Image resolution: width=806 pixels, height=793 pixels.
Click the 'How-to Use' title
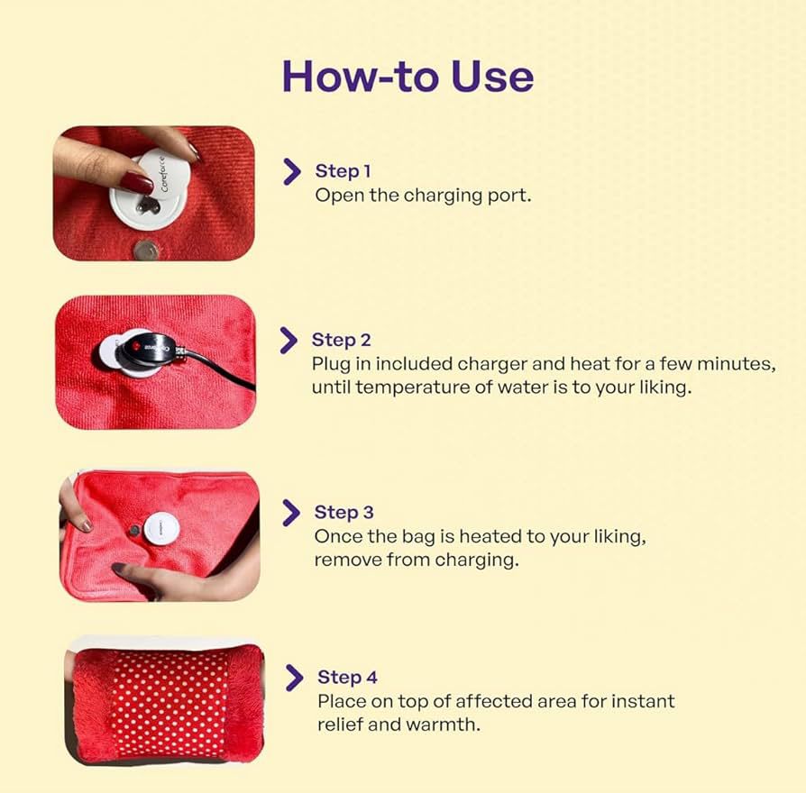tap(408, 77)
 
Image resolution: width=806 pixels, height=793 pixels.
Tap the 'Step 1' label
tap(343, 170)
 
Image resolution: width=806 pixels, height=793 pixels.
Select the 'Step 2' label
tap(341, 340)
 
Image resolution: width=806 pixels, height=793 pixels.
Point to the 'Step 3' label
tap(343, 512)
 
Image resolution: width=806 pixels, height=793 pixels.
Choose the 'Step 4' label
tap(347, 677)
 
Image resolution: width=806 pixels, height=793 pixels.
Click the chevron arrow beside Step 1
tap(292, 171)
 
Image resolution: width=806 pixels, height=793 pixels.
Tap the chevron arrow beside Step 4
tap(295, 678)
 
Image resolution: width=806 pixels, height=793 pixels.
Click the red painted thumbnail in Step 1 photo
tap(137, 183)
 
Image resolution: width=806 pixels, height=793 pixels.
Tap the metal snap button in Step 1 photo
tap(146, 251)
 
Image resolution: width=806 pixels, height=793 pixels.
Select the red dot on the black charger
tap(136, 346)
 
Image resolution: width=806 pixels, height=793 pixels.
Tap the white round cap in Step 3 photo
tap(161, 528)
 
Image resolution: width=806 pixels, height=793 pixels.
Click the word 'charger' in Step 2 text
tap(492, 364)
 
